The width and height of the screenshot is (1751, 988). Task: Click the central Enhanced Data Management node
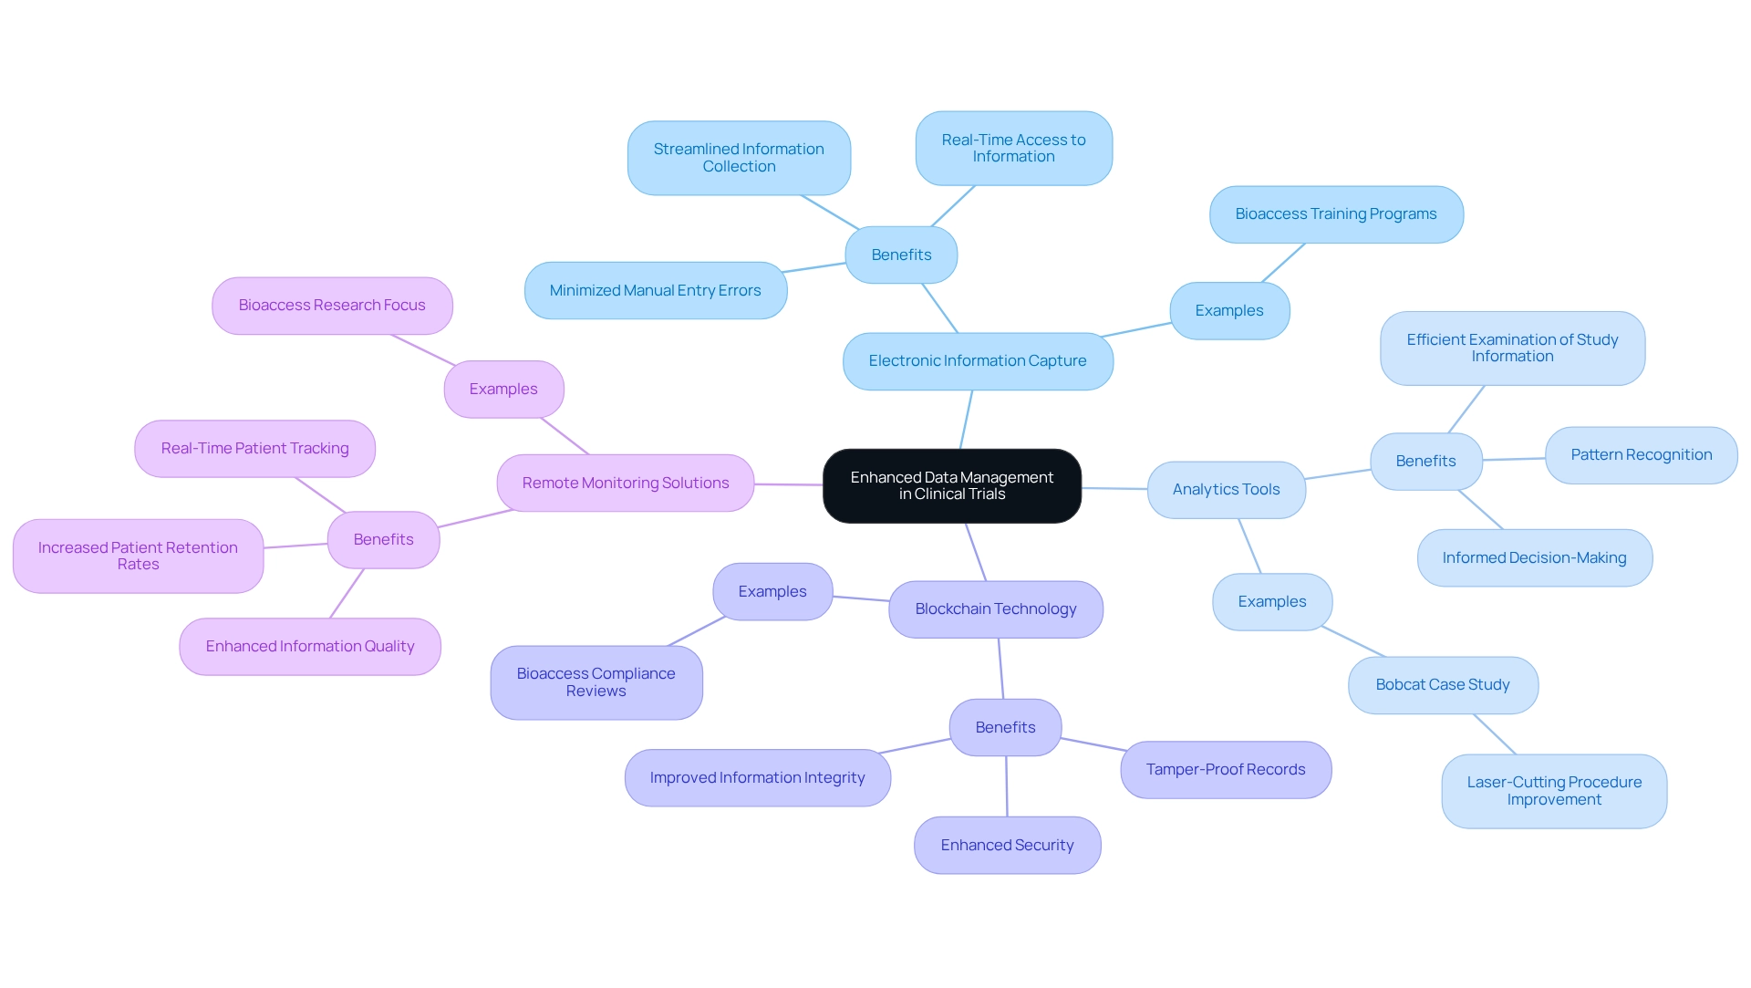(x=951, y=485)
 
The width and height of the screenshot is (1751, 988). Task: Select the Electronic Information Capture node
(x=978, y=361)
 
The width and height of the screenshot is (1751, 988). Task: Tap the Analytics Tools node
(x=1226, y=490)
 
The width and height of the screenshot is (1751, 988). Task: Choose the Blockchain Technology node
(x=995, y=609)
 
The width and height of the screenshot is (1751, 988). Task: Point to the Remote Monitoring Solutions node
(x=625, y=484)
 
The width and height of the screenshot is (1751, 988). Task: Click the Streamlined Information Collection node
(x=739, y=158)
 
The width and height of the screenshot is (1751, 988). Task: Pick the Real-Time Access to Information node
(x=1013, y=149)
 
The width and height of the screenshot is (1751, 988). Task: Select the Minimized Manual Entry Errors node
(x=655, y=291)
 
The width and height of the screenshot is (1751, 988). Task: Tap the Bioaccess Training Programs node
(x=1335, y=214)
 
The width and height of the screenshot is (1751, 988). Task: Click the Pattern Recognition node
(x=1641, y=455)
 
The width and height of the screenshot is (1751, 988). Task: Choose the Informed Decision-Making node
(x=1534, y=558)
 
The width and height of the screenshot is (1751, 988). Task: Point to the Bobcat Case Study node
(x=1442, y=685)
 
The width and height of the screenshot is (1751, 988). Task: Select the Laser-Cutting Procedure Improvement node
(x=1553, y=791)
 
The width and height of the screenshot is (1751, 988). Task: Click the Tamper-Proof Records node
(x=1225, y=770)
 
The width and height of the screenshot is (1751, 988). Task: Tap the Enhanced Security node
(x=1007, y=846)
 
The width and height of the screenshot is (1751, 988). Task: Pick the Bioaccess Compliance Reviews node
(x=596, y=682)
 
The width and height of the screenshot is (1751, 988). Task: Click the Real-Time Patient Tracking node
(x=254, y=449)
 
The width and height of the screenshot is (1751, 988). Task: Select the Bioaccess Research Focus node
(x=332, y=306)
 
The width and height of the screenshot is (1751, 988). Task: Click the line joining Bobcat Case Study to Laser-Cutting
(x=1495, y=734)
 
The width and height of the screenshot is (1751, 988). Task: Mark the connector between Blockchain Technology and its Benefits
(x=1000, y=669)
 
